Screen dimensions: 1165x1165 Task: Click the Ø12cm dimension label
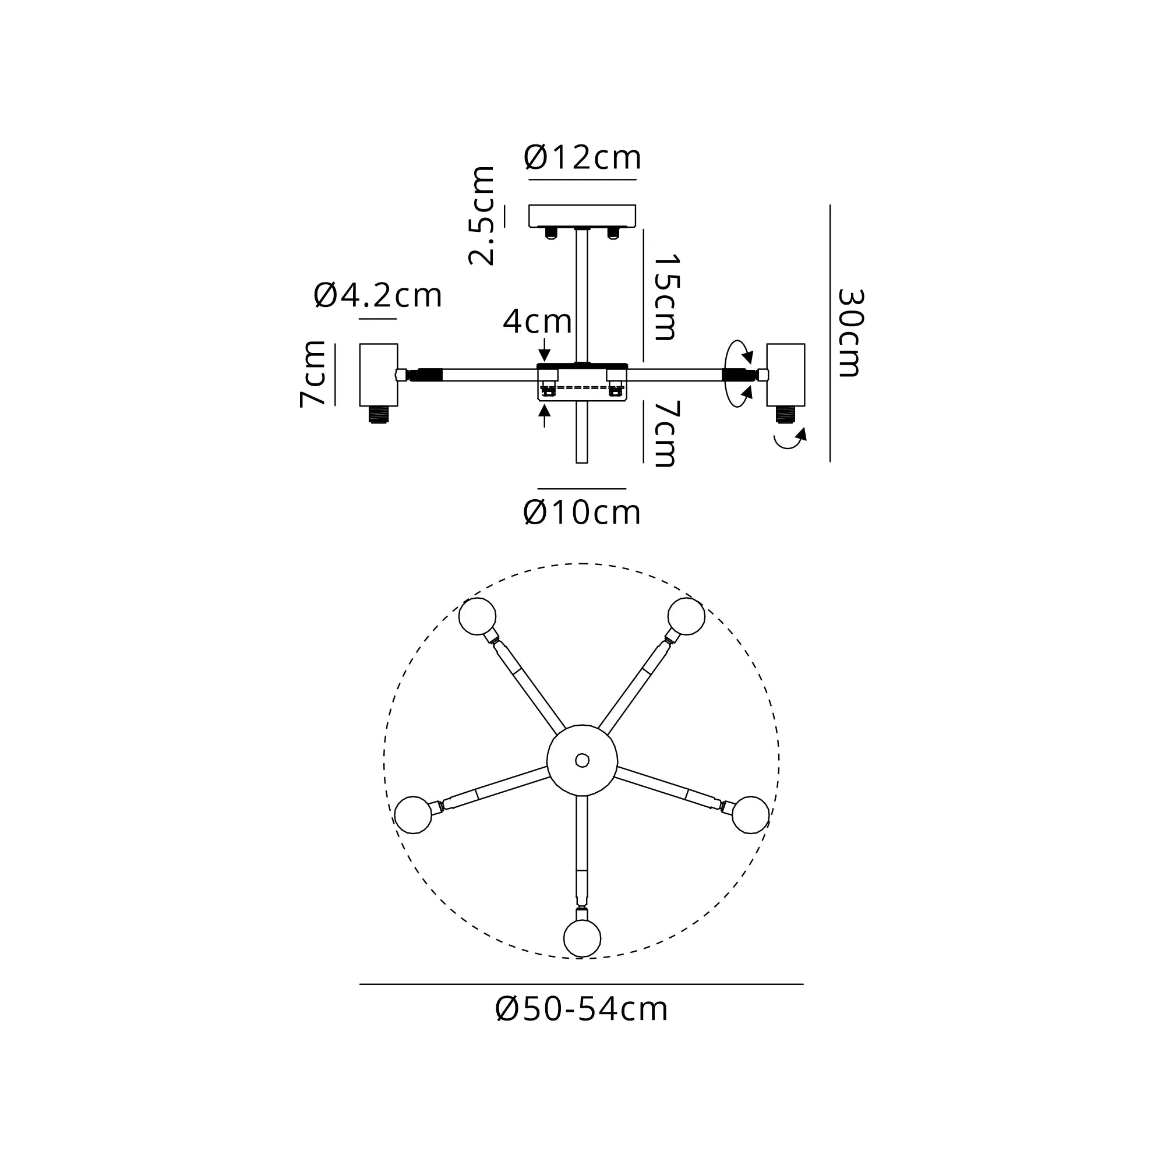[x=582, y=158]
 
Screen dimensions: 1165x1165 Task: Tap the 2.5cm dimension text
[x=482, y=216]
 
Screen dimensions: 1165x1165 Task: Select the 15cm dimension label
[x=667, y=297]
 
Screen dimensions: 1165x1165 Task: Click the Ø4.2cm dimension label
[x=378, y=296]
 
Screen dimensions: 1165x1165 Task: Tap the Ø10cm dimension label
[x=582, y=513]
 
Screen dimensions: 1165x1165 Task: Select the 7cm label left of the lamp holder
[x=313, y=374]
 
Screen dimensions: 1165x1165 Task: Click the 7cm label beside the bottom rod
[x=667, y=433]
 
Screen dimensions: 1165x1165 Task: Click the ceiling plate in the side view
[x=582, y=216]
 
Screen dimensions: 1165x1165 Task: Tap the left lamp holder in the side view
[x=379, y=375]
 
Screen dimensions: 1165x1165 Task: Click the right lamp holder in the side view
[x=785, y=375]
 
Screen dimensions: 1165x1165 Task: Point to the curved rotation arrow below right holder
[x=790, y=440]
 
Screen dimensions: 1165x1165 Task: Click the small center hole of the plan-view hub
[x=582, y=760]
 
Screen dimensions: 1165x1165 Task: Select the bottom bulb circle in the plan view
[x=582, y=938]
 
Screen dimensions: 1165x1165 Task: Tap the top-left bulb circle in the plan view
[x=477, y=616]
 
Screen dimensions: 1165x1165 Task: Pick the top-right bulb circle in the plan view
[x=686, y=616]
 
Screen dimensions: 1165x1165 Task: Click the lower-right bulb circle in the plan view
[x=751, y=815]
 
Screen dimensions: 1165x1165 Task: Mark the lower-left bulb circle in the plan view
[x=413, y=815]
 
